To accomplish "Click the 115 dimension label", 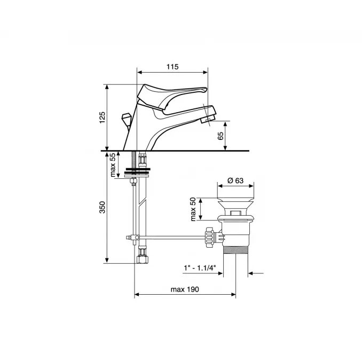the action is (x=172, y=67).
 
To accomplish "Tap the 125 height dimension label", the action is (x=103, y=117).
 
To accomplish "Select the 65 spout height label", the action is (x=221, y=136).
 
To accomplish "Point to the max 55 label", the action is (x=113, y=165).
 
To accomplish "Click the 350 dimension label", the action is (x=103, y=207).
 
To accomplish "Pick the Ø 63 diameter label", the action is (x=235, y=180).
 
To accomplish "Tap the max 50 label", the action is (x=193, y=209).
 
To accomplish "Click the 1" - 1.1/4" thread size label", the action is (x=200, y=268).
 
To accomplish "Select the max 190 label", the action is (x=185, y=289).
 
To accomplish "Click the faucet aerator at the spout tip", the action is (x=207, y=120).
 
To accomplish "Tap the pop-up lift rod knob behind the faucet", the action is (x=126, y=118).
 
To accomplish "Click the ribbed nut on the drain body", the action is (x=210, y=237).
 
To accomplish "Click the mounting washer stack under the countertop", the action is (x=137, y=172).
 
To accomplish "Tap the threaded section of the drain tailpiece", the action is (x=235, y=250).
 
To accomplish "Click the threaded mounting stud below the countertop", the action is (x=133, y=160).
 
